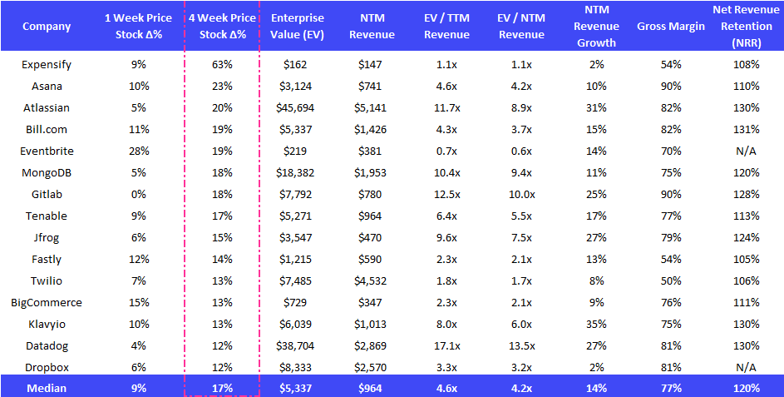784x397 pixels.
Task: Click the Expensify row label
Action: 47,64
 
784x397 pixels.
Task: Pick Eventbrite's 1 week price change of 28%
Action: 139,151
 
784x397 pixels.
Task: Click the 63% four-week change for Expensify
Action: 222,64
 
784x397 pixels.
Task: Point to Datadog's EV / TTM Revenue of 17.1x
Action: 447,345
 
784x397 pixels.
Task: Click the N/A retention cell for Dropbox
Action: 746,366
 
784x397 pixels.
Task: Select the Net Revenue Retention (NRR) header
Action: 746,27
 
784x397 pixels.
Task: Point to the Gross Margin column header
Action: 671,27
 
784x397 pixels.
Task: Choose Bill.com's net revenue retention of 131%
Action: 746,129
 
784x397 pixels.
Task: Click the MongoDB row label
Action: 46,172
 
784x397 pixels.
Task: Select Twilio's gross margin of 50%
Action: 671,280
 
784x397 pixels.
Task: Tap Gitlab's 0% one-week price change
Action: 139,194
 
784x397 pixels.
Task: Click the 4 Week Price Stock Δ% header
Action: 222,27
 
